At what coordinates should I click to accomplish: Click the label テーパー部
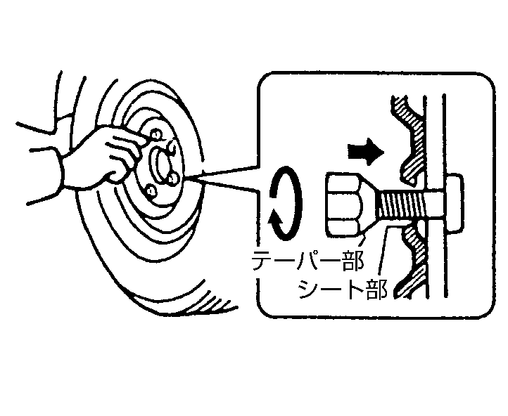coord(307,260)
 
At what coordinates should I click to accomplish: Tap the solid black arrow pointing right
coord(365,151)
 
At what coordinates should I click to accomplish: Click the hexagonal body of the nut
coord(343,204)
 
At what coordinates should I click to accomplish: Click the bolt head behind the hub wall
coord(455,203)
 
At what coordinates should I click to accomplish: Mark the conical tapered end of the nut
coord(368,204)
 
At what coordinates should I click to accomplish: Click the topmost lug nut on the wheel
coord(156,134)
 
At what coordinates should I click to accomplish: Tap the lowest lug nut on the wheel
coord(151,191)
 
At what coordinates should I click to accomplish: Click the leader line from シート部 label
coord(384,252)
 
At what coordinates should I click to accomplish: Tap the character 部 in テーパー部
coord(353,260)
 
